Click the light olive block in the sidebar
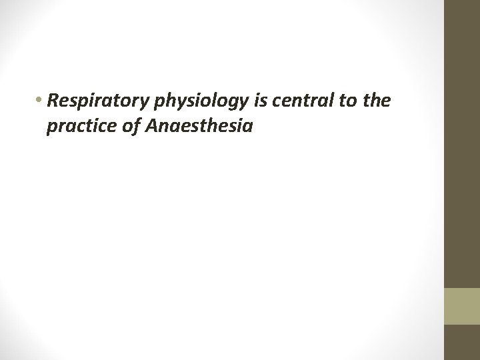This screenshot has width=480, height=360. (461, 306)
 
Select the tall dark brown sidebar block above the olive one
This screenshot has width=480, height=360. (461, 143)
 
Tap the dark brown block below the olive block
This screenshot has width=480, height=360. (461, 342)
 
